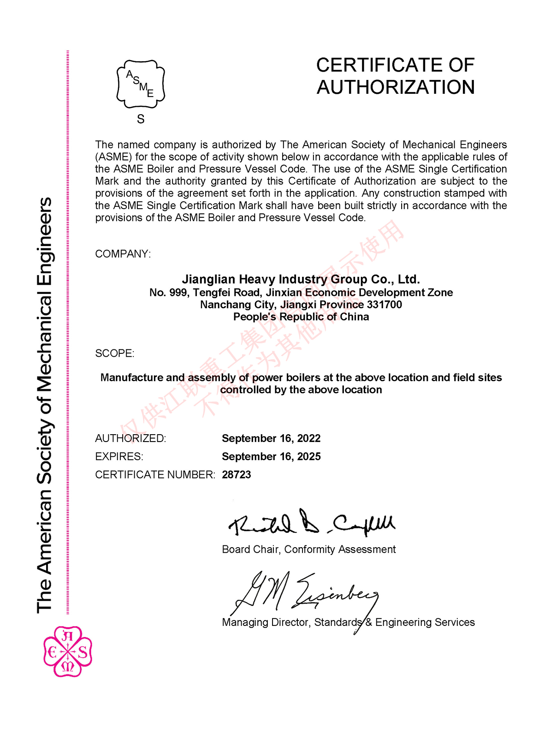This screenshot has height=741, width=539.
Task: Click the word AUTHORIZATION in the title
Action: [396, 87]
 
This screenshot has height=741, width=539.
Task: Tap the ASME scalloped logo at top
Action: [140, 84]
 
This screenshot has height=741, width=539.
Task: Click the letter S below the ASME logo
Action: [140, 119]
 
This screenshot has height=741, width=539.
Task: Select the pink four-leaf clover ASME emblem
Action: [67, 651]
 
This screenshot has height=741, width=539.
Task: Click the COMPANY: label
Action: [123, 254]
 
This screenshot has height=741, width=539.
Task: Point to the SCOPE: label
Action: [115, 353]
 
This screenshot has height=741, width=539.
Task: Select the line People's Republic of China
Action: [301, 317]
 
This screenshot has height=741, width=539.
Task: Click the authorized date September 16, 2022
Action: [271, 438]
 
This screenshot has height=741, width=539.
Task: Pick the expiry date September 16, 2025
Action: [271, 456]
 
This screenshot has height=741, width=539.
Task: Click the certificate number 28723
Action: [236, 475]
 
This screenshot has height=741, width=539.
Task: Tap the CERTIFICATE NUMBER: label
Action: [155, 475]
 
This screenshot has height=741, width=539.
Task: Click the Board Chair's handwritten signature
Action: [311, 523]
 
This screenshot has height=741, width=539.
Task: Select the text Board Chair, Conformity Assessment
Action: [309, 549]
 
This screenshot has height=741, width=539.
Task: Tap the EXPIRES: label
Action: [119, 456]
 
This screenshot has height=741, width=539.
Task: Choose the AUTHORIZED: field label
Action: [130, 438]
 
